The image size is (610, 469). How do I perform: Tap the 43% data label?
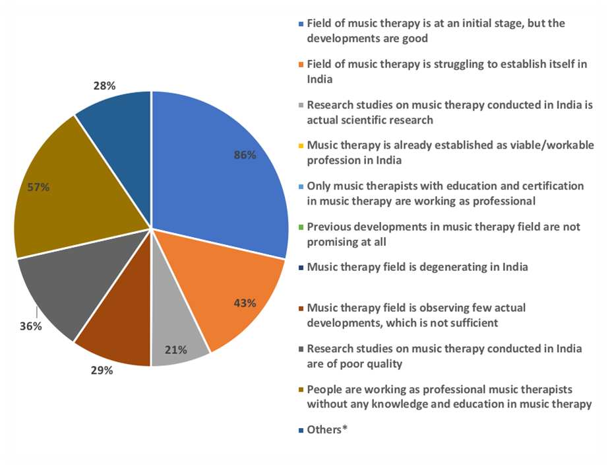tap(244, 304)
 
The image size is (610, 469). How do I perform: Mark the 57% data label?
tap(38, 187)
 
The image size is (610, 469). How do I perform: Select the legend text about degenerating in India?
tap(417, 267)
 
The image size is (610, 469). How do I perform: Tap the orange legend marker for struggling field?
tap(301, 65)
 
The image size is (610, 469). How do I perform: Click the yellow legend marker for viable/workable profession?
tap(301, 146)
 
